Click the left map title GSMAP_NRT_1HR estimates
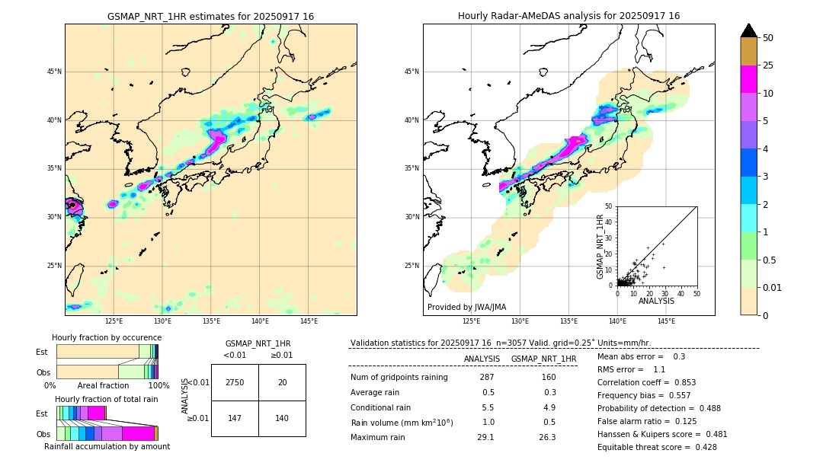pyautogui.click(x=210, y=16)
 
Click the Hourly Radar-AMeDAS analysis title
pyautogui.click(x=568, y=16)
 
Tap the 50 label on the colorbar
pyautogui.click(x=768, y=38)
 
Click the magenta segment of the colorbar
pyautogui.click(x=748, y=80)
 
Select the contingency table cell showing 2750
pyautogui.click(x=235, y=382)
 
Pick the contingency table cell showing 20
pyautogui.click(x=282, y=382)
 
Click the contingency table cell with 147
pyautogui.click(x=235, y=418)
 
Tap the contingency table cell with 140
pyautogui.click(x=282, y=418)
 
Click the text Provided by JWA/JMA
pyautogui.click(x=466, y=307)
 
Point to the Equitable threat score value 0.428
pyautogui.click(x=701, y=447)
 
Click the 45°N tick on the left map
pyautogui.click(x=53, y=72)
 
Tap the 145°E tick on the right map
pyautogui.click(x=666, y=321)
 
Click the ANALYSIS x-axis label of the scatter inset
pyautogui.click(x=656, y=301)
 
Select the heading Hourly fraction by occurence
pyautogui.click(x=107, y=337)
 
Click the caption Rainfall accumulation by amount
pyautogui.click(x=107, y=446)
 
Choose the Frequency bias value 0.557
pyautogui.click(x=668, y=395)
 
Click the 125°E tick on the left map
pyautogui.click(x=114, y=321)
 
